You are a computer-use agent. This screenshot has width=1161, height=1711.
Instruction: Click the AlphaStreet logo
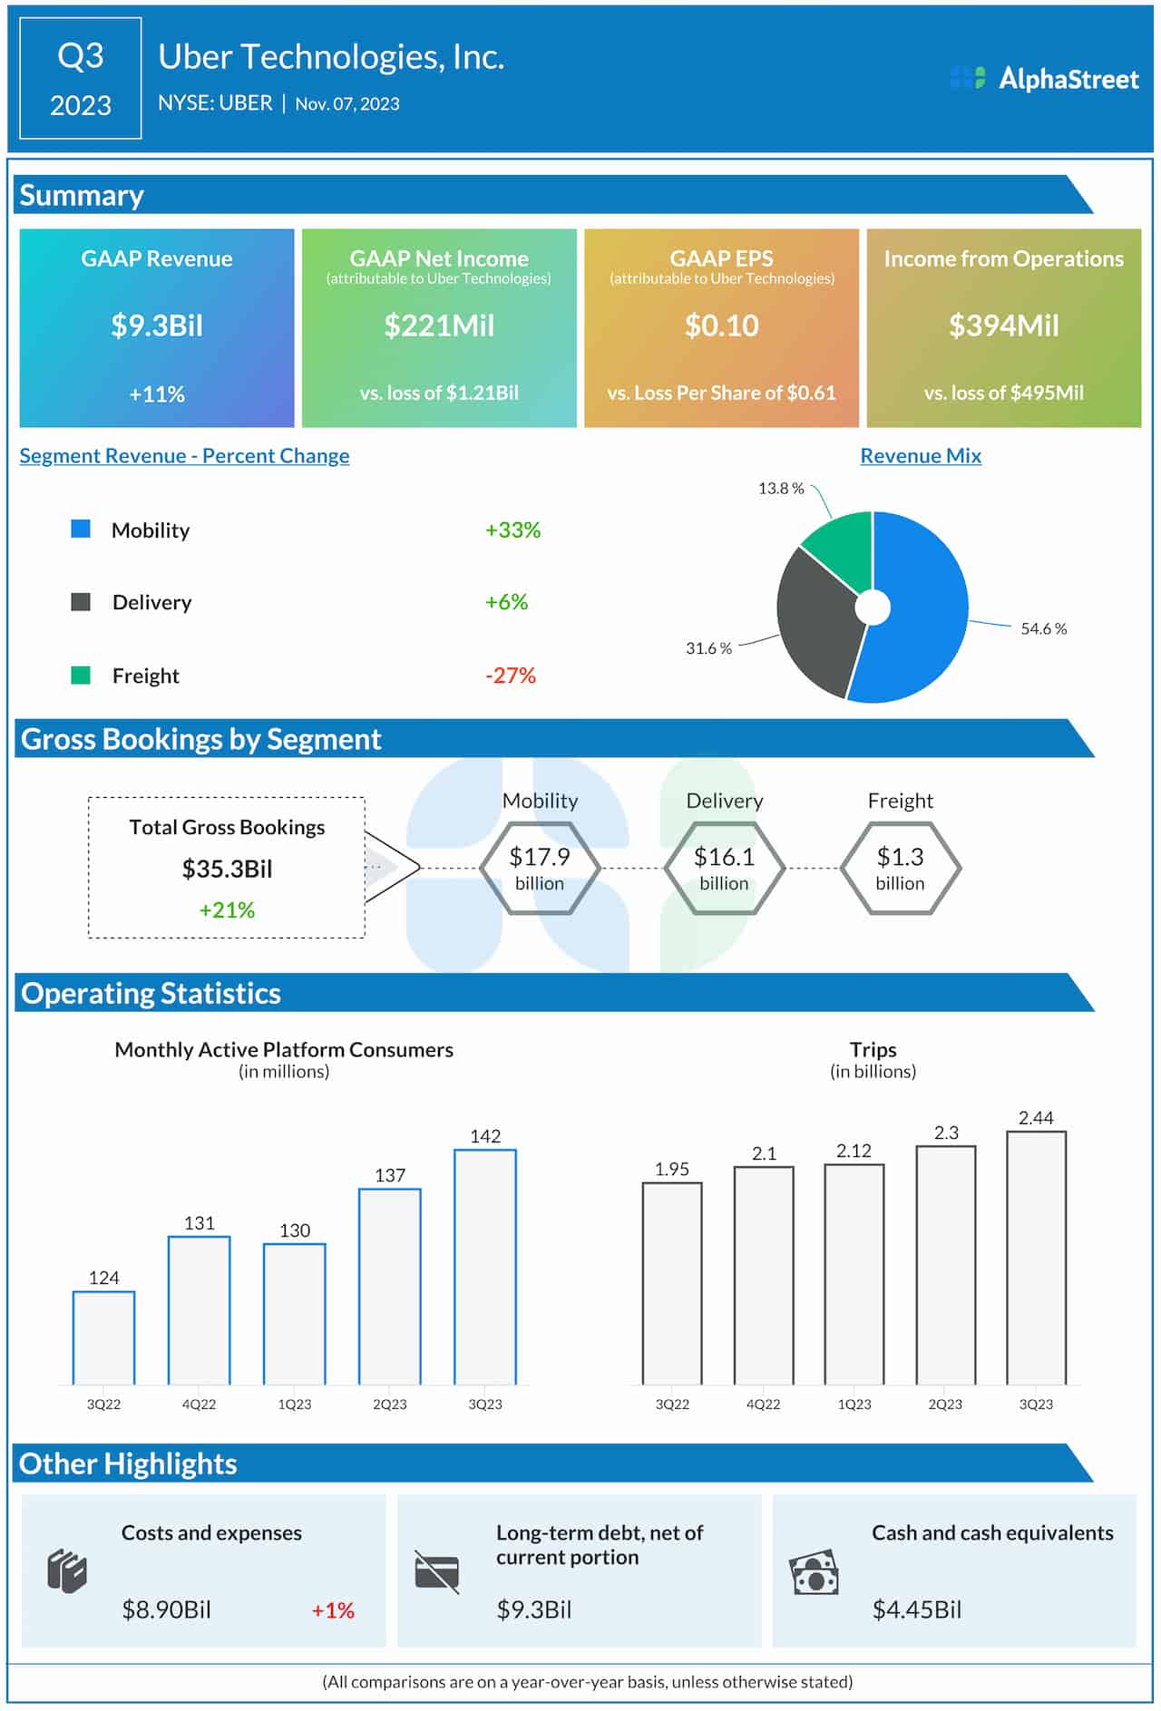[x=1044, y=79]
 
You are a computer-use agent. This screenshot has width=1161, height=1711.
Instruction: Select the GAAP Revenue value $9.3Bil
[x=157, y=326]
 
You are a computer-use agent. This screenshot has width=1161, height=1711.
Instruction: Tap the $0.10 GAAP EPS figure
[x=721, y=326]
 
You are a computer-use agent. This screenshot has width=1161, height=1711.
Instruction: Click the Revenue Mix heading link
[x=920, y=456]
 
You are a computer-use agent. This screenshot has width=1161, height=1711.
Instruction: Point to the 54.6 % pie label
[x=1043, y=628]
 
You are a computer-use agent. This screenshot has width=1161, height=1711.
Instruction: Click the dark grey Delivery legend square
[x=81, y=602]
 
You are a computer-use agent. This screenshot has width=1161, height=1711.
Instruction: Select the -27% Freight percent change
[x=511, y=676]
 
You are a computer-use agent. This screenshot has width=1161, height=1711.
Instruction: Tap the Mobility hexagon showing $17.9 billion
[x=540, y=868]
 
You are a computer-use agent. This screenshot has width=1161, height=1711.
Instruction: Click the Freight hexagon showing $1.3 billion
[x=900, y=868]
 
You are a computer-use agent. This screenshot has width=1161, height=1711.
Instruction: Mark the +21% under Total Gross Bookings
[x=227, y=909]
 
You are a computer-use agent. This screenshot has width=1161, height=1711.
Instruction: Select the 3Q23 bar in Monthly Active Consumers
[x=485, y=1267]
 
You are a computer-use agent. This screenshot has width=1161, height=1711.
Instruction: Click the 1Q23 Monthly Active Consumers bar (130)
[x=295, y=1314]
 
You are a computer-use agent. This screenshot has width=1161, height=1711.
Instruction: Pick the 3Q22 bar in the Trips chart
[x=672, y=1283]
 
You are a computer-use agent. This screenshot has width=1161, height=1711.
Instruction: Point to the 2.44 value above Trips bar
[x=1036, y=1118]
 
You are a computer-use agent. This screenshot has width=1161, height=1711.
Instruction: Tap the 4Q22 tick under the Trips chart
[x=763, y=1404]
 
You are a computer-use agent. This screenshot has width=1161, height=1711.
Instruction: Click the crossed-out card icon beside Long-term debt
[x=436, y=1571]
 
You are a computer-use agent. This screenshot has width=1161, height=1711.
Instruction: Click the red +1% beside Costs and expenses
[x=333, y=1610]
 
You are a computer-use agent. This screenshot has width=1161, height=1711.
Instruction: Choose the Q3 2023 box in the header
[x=81, y=79]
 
